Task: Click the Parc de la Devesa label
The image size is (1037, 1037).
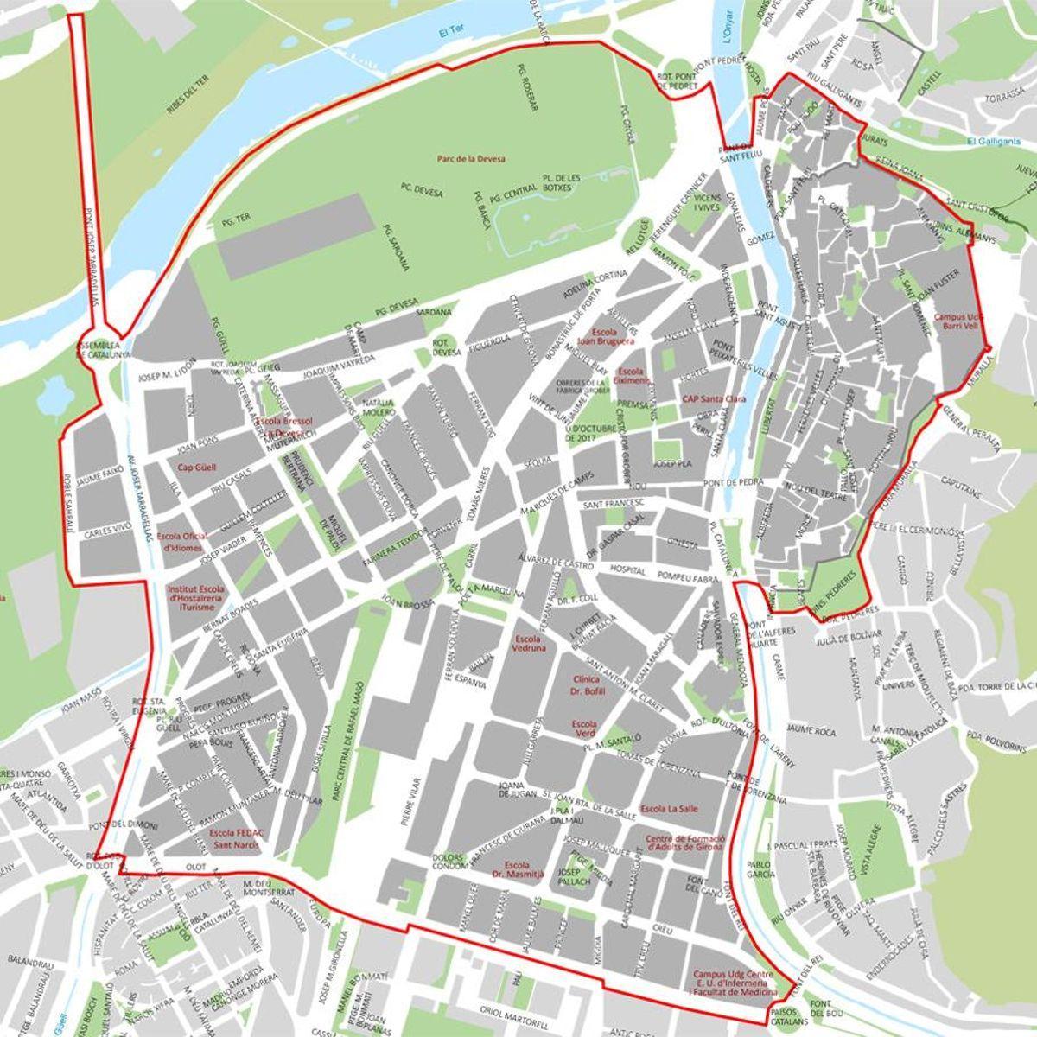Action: [470, 159]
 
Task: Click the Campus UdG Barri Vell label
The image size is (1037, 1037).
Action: [957, 321]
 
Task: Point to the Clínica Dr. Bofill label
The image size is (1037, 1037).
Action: [588, 686]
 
